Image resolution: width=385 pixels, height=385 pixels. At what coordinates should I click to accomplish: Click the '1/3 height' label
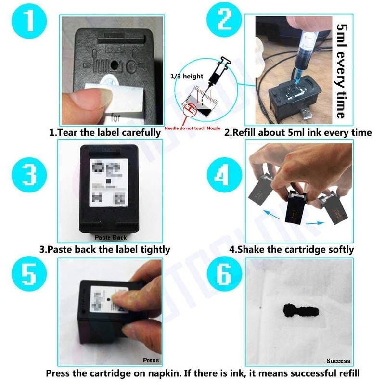190,77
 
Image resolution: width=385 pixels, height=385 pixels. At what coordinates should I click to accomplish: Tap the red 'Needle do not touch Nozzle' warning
191,129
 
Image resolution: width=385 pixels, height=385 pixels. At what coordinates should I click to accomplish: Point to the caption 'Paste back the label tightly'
104,249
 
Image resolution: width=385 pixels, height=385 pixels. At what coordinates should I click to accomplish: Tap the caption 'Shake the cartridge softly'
292,249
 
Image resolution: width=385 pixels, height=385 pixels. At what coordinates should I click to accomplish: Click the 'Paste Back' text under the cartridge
110,237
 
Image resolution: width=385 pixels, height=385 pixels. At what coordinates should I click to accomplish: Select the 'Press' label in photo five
151,360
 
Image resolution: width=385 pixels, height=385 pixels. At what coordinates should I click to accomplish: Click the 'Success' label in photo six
338,360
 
